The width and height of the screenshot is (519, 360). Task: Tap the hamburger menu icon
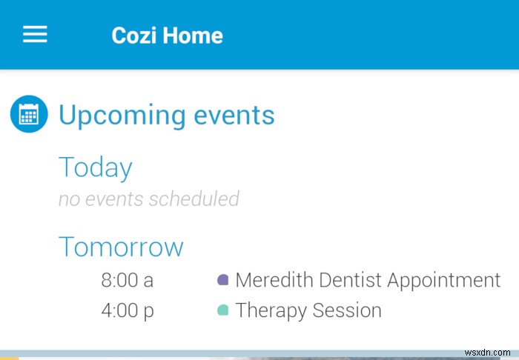pyautogui.click(x=35, y=35)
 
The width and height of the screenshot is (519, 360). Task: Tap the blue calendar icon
pyautogui.click(x=29, y=115)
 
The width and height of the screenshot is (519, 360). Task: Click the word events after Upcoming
pyautogui.click(x=234, y=116)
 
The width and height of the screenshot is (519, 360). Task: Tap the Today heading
pyautogui.click(x=95, y=167)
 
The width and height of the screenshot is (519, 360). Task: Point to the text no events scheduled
pyautogui.click(x=148, y=199)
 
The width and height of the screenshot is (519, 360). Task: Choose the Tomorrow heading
pyautogui.click(x=121, y=247)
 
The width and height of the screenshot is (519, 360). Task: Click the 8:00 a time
pyautogui.click(x=128, y=280)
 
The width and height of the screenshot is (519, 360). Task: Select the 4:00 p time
pyautogui.click(x=128, y=310)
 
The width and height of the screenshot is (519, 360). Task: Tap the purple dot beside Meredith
pyautogui.click(x=222, y=280)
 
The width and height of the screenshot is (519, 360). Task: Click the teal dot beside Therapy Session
pyautogui.click(x=222, y=310)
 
